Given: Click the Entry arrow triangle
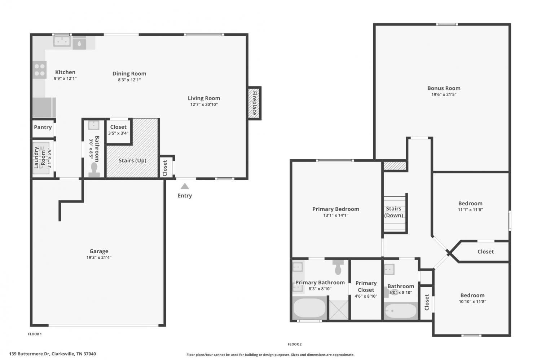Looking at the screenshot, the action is point(185,186).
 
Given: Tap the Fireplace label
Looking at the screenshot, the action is point(254,103).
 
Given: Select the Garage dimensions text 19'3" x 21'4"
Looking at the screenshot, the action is point(99,257).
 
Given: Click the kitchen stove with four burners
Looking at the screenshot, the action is point(39,70).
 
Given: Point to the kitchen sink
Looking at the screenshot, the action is point(62,41).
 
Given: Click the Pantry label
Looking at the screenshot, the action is point(43,127).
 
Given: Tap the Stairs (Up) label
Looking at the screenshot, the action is point(132,160).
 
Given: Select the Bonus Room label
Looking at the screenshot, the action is point(444,88).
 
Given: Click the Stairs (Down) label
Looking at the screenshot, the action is point(393,212).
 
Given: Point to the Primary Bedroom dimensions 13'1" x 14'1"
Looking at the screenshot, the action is point(336,215).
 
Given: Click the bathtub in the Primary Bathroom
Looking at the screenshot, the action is point(309,308).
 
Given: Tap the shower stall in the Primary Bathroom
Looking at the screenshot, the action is point(339,310).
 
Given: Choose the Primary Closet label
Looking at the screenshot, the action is point(366,286).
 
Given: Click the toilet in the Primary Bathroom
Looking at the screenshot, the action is point(338,267).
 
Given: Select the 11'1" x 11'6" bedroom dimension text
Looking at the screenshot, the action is point(470,210).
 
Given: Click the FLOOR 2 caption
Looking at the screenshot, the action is point(295,344).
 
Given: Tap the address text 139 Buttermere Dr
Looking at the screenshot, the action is point(29,354).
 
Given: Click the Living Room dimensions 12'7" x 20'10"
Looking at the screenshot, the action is point(204,105).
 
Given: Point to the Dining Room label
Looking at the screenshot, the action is point(129,74).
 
